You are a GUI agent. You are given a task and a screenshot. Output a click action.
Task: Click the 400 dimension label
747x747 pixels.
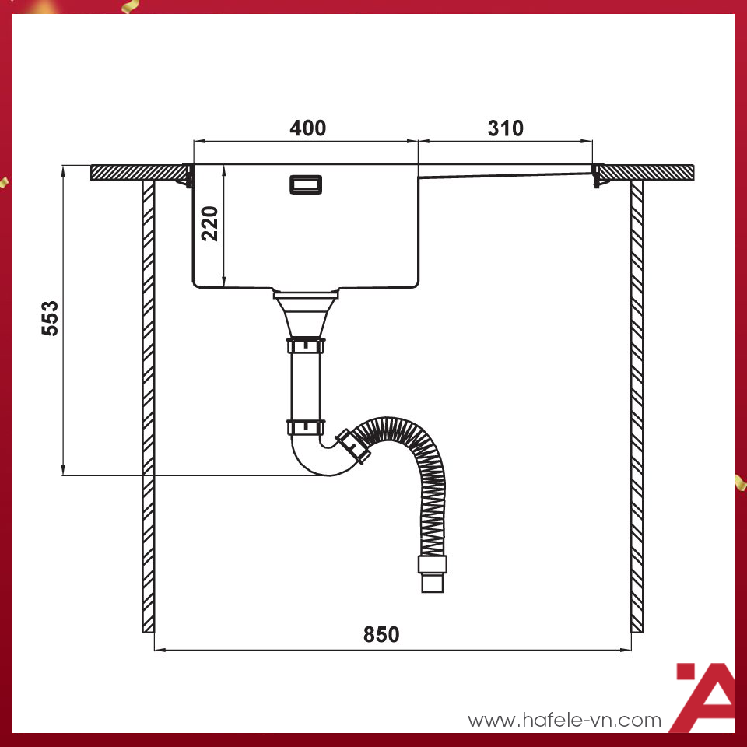307,128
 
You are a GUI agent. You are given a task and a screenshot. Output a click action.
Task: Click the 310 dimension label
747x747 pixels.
506,128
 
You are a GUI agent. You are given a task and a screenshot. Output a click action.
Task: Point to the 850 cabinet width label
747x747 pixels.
381,635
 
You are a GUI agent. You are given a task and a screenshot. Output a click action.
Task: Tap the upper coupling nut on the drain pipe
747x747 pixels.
305,345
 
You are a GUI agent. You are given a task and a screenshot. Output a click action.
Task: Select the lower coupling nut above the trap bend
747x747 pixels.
305,426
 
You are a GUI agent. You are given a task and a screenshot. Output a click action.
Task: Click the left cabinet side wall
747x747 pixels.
148,405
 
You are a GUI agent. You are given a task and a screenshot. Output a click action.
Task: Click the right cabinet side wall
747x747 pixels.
637,405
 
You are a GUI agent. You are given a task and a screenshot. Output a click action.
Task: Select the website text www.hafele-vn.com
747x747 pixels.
564,721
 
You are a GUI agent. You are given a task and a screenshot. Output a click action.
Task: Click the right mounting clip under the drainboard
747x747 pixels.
596,178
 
